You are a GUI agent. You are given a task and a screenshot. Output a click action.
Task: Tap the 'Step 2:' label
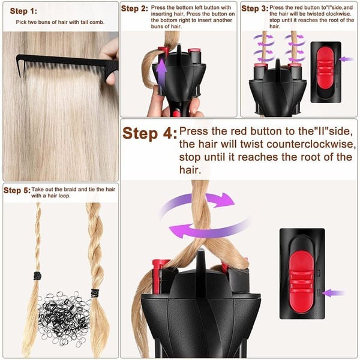pos(134,9)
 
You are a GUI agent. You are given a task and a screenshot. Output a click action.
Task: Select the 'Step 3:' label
pos(254,9)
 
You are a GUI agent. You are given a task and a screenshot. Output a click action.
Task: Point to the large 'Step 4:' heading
pos(149,133)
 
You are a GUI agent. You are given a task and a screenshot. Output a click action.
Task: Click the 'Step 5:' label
pos(16,191)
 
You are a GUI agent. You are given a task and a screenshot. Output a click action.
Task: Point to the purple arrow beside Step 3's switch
pos(347,59)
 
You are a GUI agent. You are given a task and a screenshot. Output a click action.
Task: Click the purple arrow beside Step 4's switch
pos(334,293)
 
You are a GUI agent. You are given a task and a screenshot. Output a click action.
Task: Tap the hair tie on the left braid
pos(37,275)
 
